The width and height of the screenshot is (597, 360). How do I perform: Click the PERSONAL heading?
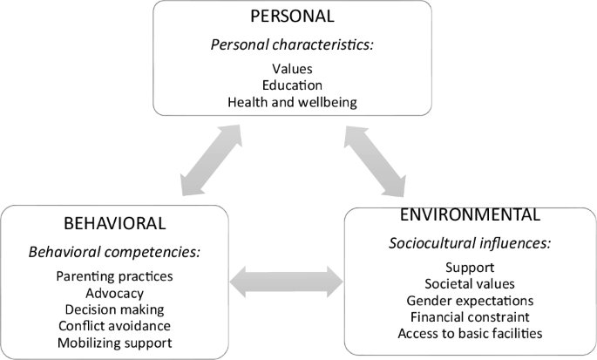tap(292, 16)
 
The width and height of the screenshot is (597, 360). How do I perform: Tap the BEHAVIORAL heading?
tap(114, 223)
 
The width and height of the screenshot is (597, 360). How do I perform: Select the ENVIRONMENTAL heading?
tap(470, 214)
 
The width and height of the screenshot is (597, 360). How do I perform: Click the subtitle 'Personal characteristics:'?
tap(292, 45)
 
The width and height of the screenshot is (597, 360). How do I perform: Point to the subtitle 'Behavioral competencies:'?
tap(114, 252)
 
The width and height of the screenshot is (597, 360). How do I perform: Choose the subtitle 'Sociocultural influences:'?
tap(470, 243)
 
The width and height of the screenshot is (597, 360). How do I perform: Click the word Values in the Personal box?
tap(292, 69)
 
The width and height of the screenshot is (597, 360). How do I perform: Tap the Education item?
tap(292, 85)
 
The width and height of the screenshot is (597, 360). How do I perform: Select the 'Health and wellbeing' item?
tap(292, 102)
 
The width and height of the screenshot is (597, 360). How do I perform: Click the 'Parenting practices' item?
tap(114, 276)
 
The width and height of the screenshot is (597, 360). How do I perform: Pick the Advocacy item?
tap(114, 293)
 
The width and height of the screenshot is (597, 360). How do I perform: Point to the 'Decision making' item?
tap(114, 309)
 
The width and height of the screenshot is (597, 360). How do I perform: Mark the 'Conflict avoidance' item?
tap(114, 326)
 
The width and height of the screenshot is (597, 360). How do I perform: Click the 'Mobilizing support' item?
tap(114, 343)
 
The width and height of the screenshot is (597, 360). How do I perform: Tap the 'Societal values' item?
tap(470, 284)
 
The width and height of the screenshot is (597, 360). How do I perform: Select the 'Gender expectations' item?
tap(470, 301)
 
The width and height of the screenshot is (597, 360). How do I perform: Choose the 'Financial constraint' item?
tap(470, 317)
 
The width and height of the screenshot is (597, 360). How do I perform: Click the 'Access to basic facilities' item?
tap(470, 333)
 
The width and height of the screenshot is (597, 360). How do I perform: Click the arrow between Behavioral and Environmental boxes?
tap(287, 282)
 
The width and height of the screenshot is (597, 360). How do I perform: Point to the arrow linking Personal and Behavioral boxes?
tap(211, 160)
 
